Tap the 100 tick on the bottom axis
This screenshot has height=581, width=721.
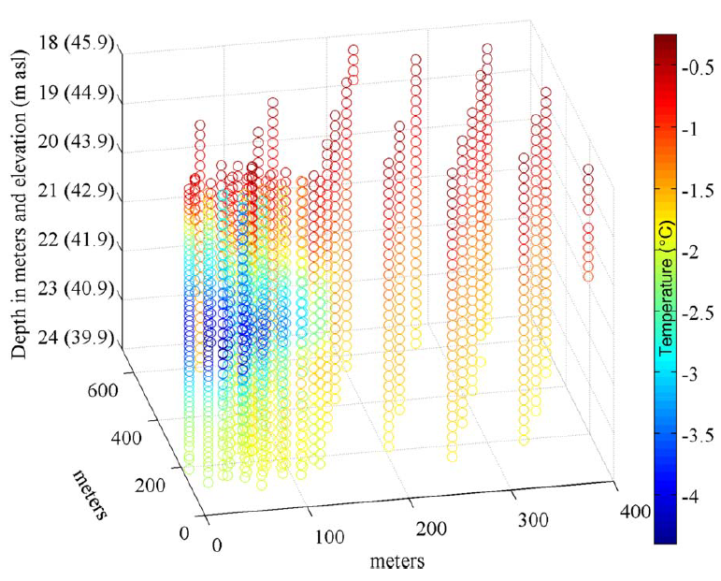pyautogui.click(x=324, y=539)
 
